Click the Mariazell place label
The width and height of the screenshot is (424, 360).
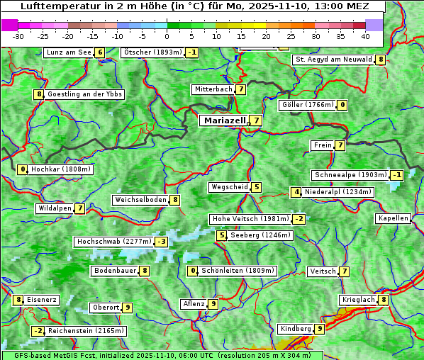pos(224,120)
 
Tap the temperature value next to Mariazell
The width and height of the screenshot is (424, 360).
pos(255,120)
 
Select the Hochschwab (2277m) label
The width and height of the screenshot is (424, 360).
pos(113,242)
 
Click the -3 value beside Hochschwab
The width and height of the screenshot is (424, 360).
pos(162,242)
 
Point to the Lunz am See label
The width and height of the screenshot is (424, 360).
pos(68,52)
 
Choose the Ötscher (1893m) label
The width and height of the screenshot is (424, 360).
pos(152,52)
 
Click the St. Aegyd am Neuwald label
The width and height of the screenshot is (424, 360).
pos(333,60)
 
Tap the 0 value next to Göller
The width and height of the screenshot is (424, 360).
pos(342,105)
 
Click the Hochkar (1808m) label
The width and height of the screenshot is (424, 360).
pos(61,169)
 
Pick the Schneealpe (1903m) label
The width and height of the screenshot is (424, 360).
pos(350,175)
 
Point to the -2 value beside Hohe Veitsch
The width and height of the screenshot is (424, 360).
pos(299,219)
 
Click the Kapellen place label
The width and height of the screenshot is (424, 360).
pos(393,218)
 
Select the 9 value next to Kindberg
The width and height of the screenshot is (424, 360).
pos(320,329)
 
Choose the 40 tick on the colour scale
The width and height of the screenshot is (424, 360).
pos(365,36)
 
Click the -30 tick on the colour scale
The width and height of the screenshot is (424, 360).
pos(18,36)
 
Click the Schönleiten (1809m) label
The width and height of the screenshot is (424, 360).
pos(238,271)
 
